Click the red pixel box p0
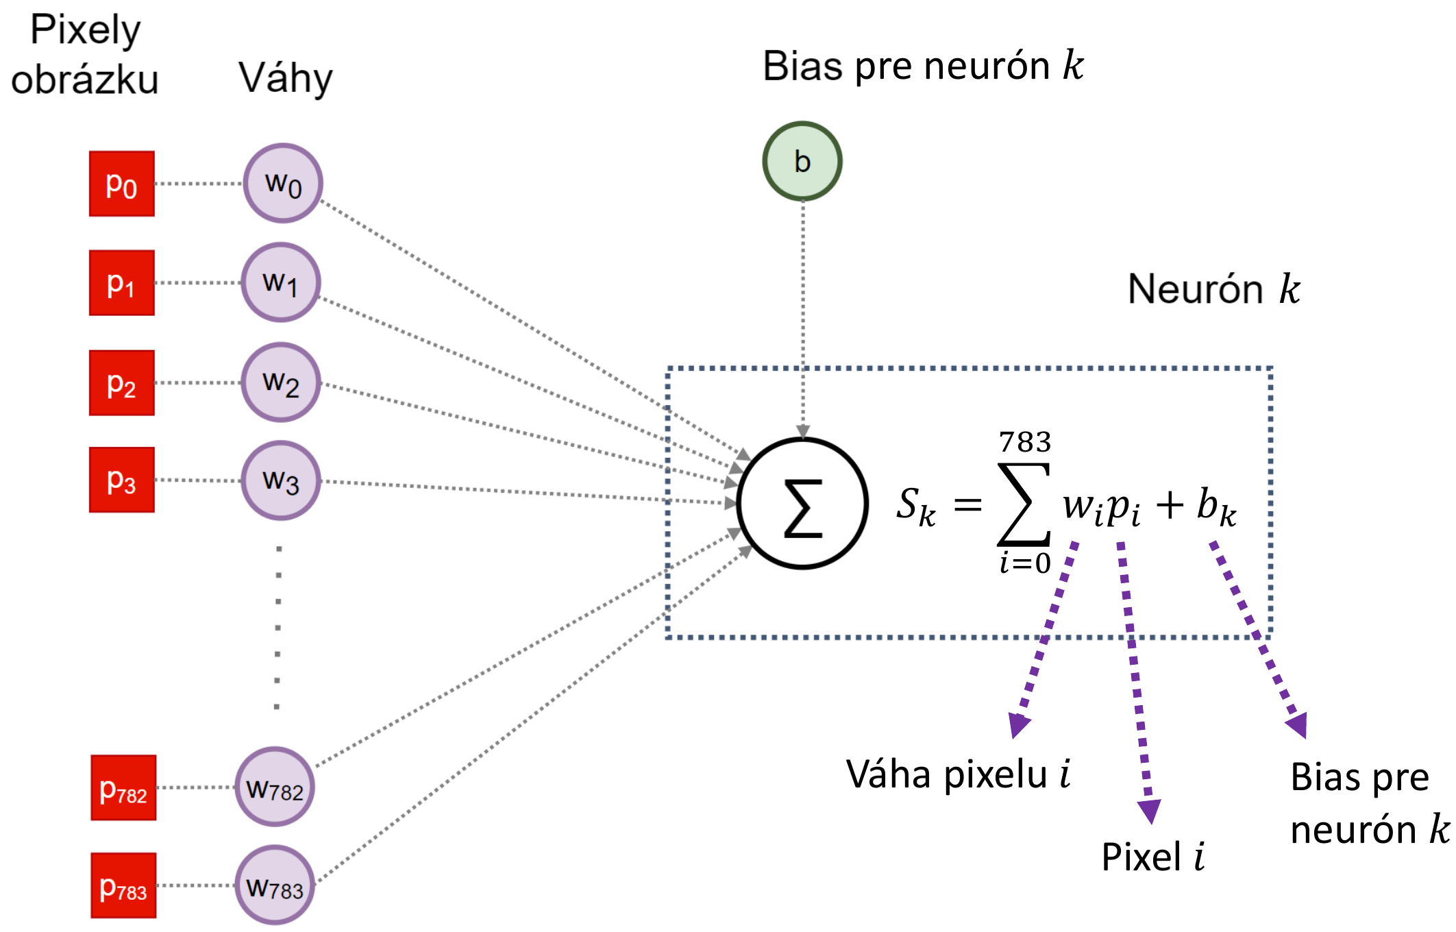[x=122, y=184]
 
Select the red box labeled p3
[x=122, y=480]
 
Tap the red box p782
[x=123, y=787]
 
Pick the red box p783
[x=123, y=885]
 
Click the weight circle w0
[x=283, y=183]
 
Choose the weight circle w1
[x=281, y=282]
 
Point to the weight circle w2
[x=281, y=382]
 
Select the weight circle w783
[x=275, y=885]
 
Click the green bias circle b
[x=802, y=161]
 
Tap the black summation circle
[x=802, y=504]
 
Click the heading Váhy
[x=285, y=78]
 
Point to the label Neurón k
[x=1213, y=289]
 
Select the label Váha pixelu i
[x=958, y=775]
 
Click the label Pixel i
[x=1152, y=857]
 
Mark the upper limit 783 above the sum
[x=1025, y=442]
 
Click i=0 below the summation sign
[x=1025, y=563]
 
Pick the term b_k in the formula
[x=1216, y=507]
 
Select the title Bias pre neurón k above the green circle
[x=923, y=66]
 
